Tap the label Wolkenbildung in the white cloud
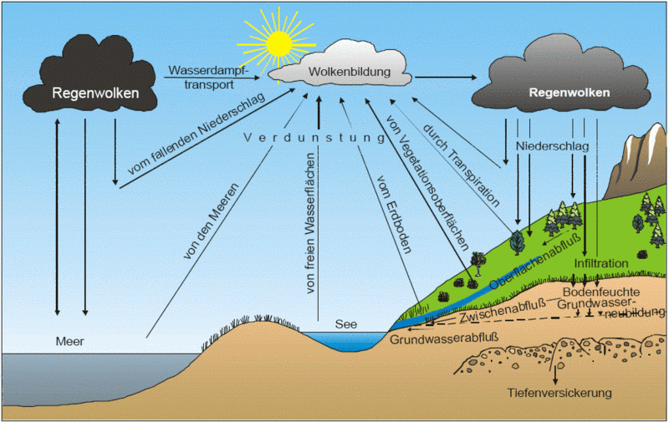coord(350,73)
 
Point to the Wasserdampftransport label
coord(209,76)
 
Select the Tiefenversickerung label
coord(560,393)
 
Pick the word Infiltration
coord(600,264)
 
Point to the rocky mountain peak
coord(643,159)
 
